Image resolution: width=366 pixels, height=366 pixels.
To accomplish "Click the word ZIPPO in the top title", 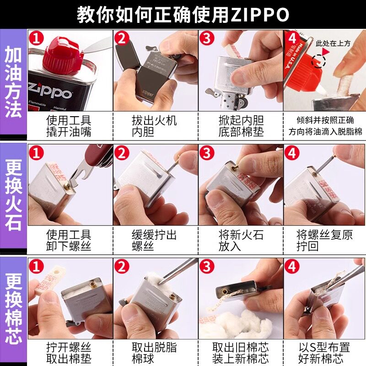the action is point(260,15).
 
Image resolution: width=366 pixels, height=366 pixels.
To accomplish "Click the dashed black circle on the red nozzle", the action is point(318,61).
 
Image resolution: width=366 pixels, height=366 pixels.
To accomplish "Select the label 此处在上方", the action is point(333,43).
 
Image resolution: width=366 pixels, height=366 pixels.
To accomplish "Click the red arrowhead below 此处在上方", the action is point(326,52).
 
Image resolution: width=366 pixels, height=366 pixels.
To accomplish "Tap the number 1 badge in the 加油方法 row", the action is point(37,38).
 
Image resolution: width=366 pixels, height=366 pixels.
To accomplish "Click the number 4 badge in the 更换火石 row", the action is point(292,153).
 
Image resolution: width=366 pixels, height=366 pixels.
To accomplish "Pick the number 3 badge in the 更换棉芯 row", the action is point(207,266).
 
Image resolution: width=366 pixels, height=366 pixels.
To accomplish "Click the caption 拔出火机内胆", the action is point(154,126).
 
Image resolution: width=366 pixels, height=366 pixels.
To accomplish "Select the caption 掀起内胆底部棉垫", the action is point(241,126).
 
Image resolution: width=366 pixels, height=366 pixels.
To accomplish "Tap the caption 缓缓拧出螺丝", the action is point(154,241).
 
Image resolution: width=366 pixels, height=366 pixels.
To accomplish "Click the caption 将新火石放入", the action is point(241,241).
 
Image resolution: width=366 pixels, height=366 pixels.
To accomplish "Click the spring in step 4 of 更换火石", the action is point(325,165).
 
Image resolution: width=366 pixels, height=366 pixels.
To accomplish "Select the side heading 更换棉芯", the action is point(13,308).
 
